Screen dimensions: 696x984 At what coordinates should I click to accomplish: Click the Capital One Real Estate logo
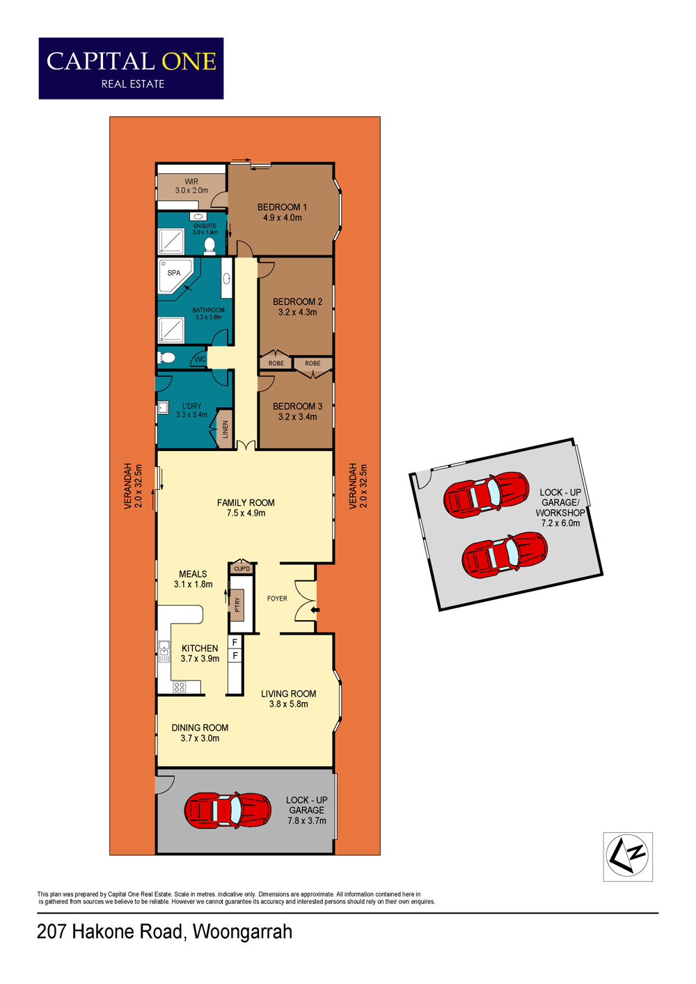(x=131, y=68)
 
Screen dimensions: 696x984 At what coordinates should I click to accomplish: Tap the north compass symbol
(x=627, y=856)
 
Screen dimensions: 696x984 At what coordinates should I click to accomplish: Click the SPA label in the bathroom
(x=174, y=273)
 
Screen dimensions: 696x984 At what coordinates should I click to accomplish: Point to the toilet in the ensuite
(x=210, y=246)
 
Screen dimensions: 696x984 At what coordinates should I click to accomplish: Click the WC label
(x=200, y=360)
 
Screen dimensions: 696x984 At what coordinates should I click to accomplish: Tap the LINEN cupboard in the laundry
(x=225, y=429)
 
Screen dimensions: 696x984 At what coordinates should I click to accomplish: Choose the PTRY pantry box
(x=237, y=604)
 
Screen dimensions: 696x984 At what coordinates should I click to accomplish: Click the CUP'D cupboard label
(x=242, y=569)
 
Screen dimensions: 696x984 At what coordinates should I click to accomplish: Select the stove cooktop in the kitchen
(x=180, y=687)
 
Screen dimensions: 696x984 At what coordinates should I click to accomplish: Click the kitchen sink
(x=164, y=651)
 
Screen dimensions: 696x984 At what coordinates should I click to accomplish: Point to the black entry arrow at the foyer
(x=315, y=610)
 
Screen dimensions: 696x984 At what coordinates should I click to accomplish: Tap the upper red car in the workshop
(x=487, y=495)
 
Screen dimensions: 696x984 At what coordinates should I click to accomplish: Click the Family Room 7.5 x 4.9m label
(x=246, y=507)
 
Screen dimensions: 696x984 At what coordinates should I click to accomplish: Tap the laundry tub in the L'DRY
(x=164, y=408)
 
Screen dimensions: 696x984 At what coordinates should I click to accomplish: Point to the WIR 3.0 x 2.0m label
(x=191, y=186)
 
